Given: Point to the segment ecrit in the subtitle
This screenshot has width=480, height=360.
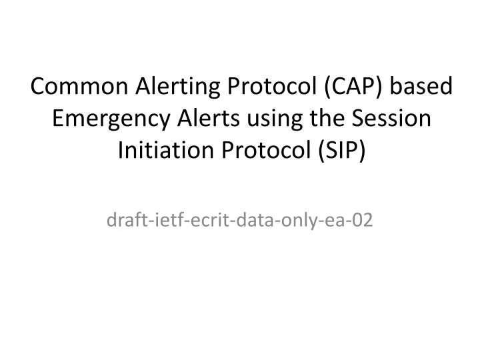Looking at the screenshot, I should coord(197,221).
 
